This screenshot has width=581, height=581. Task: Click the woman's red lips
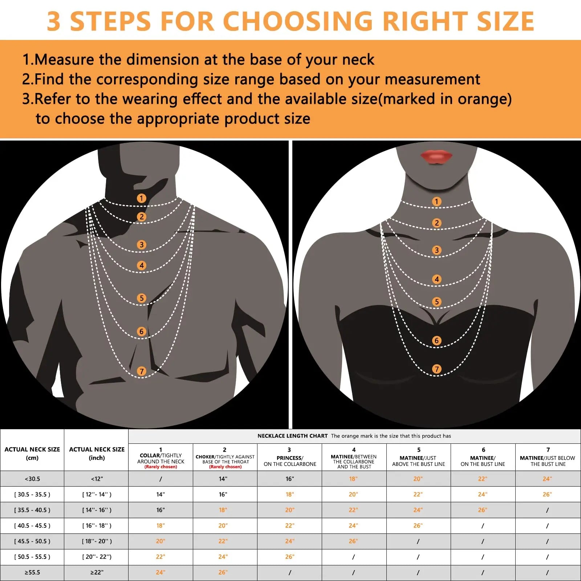[x=436, y=157]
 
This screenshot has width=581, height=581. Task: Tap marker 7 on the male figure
[x=142, y=371]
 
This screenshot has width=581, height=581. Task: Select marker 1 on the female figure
[x=437, y=201]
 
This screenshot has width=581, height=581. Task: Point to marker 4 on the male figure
[x=142, y=265]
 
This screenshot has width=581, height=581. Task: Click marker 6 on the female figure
[x=437, y=340]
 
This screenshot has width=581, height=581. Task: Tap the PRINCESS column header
[x=290, y=458]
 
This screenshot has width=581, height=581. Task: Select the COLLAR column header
[x=161, y=458]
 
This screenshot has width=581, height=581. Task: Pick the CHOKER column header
[x=225, y=458]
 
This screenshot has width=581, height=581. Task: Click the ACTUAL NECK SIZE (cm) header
[x=32, y=453]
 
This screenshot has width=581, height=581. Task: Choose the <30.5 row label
[x=32, y=479]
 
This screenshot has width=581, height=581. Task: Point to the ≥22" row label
[x=97, y=572]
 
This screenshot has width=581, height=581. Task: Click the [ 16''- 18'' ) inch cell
[x=97, y=525]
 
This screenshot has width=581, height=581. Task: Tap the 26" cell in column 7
[x=547, y=494]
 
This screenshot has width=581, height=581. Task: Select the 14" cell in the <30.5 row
[x=223, y=479]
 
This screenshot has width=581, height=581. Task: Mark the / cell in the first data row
[x=161, y=479]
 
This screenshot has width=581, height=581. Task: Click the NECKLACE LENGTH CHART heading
[x=293, y=436]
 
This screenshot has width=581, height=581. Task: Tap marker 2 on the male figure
[x=142, y=217]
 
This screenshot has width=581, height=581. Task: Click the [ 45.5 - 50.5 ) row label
[x=32, y=541]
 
